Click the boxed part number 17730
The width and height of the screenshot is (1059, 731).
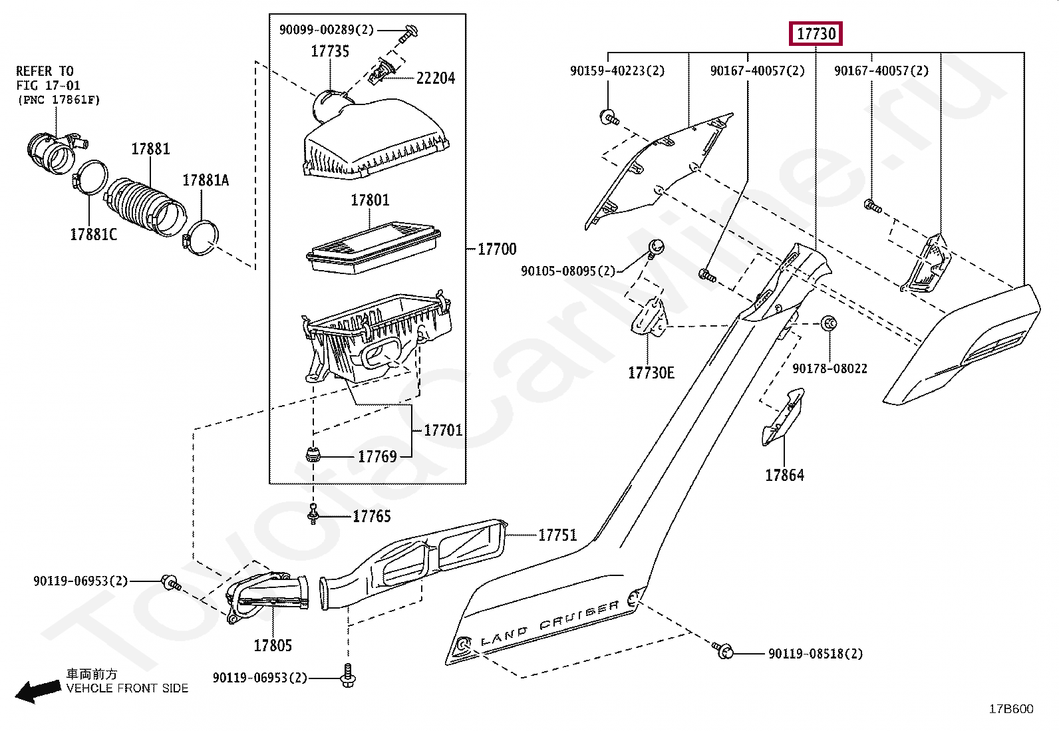pos(816,33)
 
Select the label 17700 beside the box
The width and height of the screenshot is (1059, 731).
pos(497,249)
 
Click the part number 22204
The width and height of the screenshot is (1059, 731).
pos(436,78)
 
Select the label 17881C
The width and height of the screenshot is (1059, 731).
pos(93,234)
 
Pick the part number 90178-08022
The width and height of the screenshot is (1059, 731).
pos(830,368)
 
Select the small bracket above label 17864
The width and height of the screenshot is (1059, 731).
pos(784,416)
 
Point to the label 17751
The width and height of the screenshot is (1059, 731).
pos(557,535)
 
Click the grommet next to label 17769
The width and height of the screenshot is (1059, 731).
pos(313,456)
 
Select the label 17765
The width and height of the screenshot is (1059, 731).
pos(371,516)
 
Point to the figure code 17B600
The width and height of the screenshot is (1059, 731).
pos(1011,709)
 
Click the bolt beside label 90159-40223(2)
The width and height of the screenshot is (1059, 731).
pos(609,118)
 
